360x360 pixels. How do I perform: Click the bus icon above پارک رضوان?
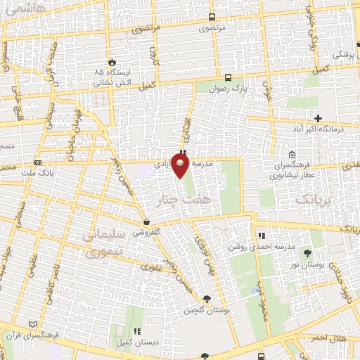[x=228, y=78]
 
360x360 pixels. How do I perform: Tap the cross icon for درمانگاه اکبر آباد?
[x=318, y=117]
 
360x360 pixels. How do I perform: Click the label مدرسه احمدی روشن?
[x=252, y=247]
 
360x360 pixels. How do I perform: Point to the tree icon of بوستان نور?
[x=307, y=252]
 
